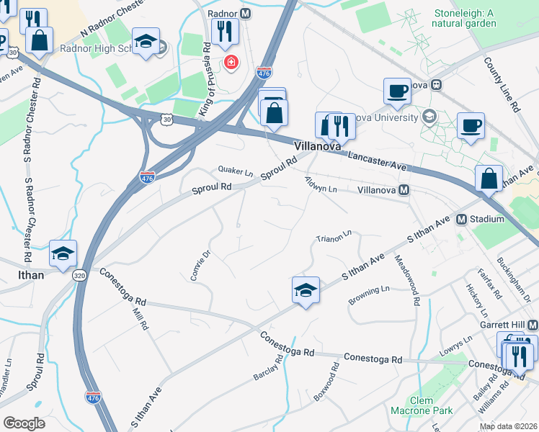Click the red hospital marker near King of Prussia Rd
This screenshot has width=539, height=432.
pos(231,63)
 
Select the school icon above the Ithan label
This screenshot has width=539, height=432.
pos(63,254)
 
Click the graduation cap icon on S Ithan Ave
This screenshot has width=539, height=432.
pos(306,290)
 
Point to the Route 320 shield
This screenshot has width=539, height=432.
pos(79,274)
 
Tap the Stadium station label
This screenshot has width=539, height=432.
pos(486,219)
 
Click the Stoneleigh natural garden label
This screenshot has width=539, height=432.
pos(464,18)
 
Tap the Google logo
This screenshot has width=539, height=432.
pos(24,423)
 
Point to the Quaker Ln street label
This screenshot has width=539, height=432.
pos(236,171)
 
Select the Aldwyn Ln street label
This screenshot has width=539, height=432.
pos(321,185)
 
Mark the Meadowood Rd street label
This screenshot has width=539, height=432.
pos(405,280)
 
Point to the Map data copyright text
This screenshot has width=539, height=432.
pos(508,426)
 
